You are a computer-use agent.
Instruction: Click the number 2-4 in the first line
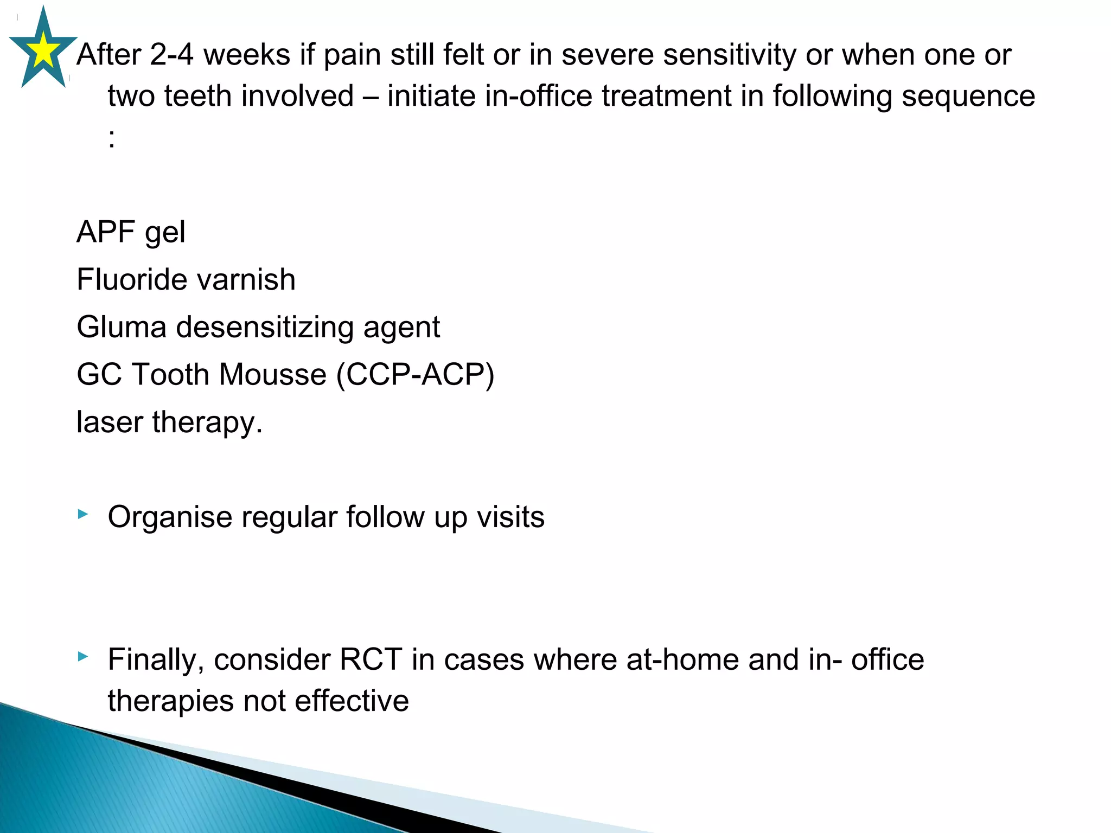click(x=171, y=55)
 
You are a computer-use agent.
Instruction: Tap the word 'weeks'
click(x=247, y=55)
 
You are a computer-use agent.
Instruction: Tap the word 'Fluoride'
click(x=131, y=280)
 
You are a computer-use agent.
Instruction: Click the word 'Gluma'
click(x=122, y=327)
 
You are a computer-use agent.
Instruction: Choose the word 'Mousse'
click(x=272, y=375)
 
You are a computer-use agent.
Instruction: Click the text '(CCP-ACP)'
click(x=416, y=375)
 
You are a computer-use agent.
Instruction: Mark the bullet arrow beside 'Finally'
click(x=82, y=657)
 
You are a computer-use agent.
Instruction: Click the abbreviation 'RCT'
click(x=371, y=659)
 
